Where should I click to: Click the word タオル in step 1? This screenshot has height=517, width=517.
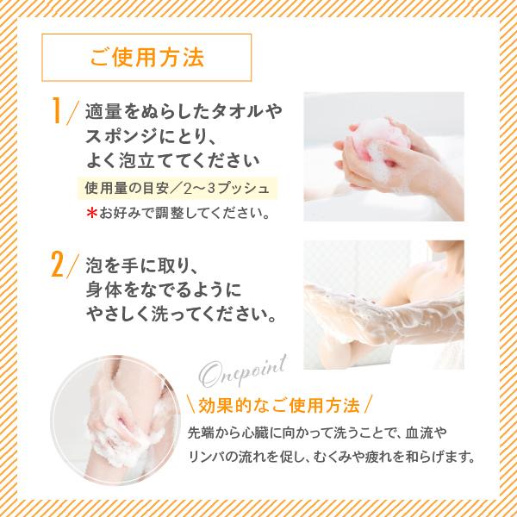[234, 112]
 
